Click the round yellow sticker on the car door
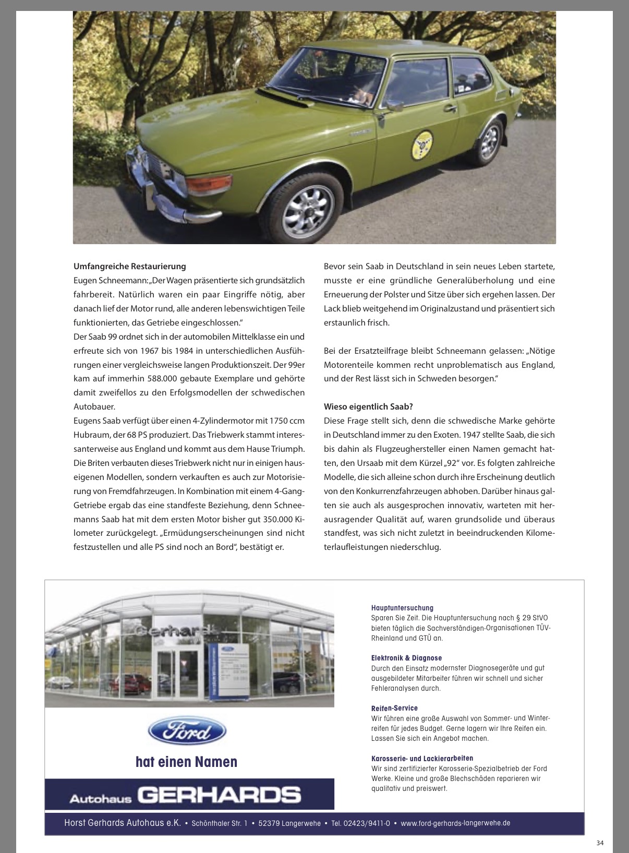pyautogui.click(x=422, y=145)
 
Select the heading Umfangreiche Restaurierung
pyautogui.click(x=129, y=266)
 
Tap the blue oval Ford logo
pyautogui.click(x=187, y=731)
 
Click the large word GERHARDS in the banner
pyautogui.click(x=219, y=795)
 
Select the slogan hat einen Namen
pyautogui.click(x=186, y=762)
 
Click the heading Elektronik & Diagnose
pyautogui.click(x=406, y=658)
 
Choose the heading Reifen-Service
pyautogui.click(x=394, y=708)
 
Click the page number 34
pyautogui.click(x=600, y=843)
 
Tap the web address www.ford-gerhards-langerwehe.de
pyautogui.click(x=455, y=823)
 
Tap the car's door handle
pyautogui.click(x=450, y=109)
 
